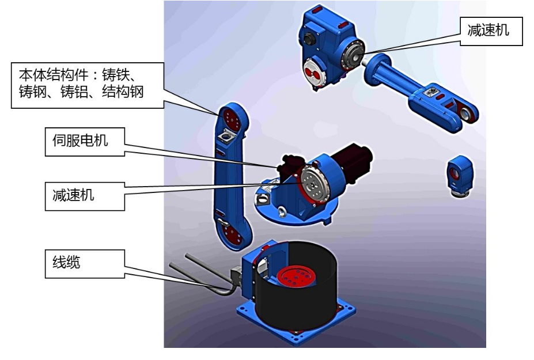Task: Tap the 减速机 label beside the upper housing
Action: tap(491, 31)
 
